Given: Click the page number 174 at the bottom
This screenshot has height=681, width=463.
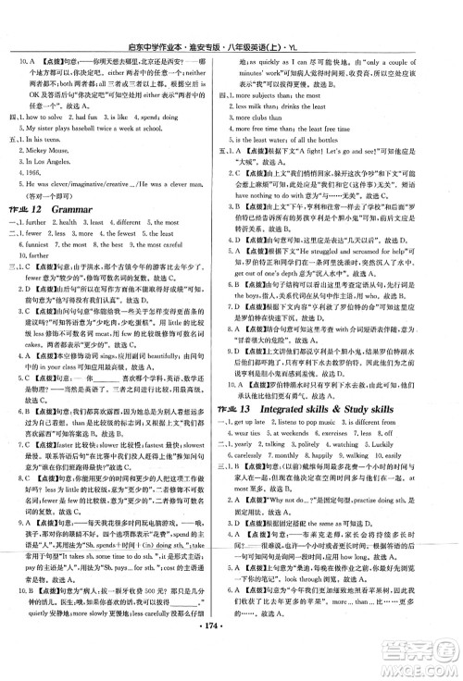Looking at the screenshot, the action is click(x=231, y=664).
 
